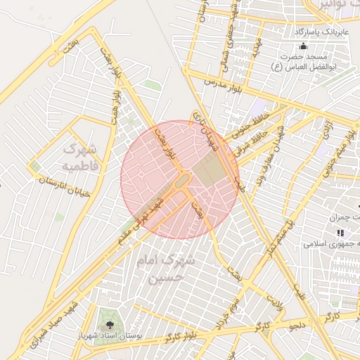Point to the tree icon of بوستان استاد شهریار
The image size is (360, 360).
[x=109, y=324]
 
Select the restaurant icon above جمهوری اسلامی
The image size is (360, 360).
[x=340, y=232]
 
